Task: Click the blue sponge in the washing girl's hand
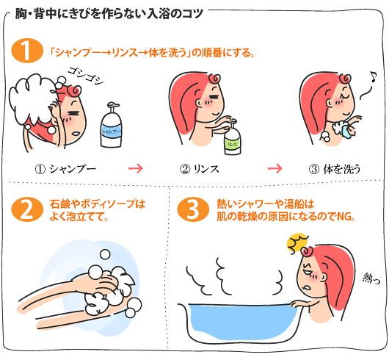(343, 130)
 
